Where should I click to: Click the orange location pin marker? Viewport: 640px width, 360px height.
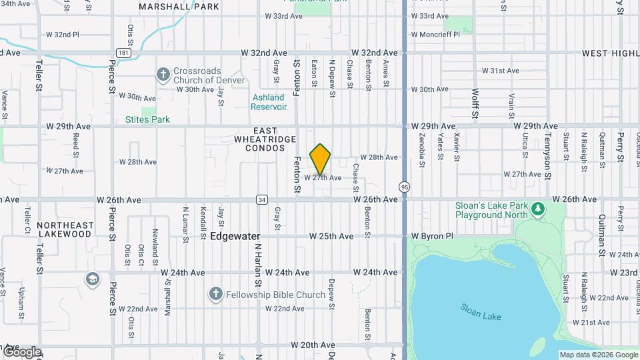[320, 159]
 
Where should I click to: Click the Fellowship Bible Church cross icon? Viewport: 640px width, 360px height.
[215, 294]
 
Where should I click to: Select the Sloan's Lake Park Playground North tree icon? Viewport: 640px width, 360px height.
[538, 210]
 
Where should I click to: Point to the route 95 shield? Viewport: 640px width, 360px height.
[404, 187]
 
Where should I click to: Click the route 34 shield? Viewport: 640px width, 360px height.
[262, 199]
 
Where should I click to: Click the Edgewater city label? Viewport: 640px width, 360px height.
[235, 236]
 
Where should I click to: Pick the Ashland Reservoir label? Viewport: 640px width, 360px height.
[269, 102]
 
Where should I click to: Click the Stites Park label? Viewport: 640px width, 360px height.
[147, 120]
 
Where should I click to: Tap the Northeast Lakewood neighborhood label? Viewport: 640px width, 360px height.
[64, 230]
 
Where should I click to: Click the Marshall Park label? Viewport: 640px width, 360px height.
[169, 7]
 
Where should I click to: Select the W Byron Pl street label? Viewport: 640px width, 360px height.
[432, 236]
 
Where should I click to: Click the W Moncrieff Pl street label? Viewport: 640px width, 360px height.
[435, 34]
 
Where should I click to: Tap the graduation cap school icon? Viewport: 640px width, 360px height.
[92, 278]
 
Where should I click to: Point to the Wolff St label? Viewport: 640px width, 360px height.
[475, 103]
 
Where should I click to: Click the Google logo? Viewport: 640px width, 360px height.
[22, 351]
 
